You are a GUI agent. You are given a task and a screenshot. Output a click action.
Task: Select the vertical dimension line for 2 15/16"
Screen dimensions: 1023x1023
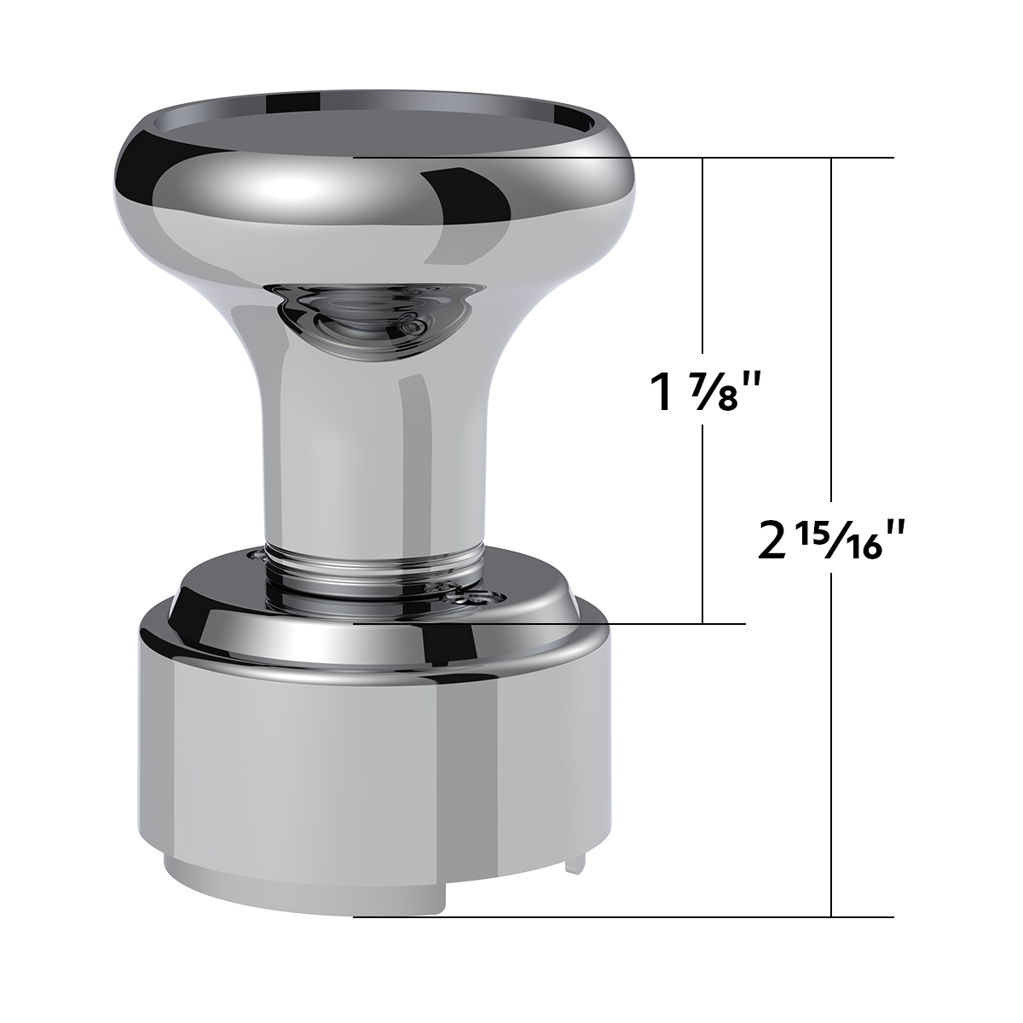831,341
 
